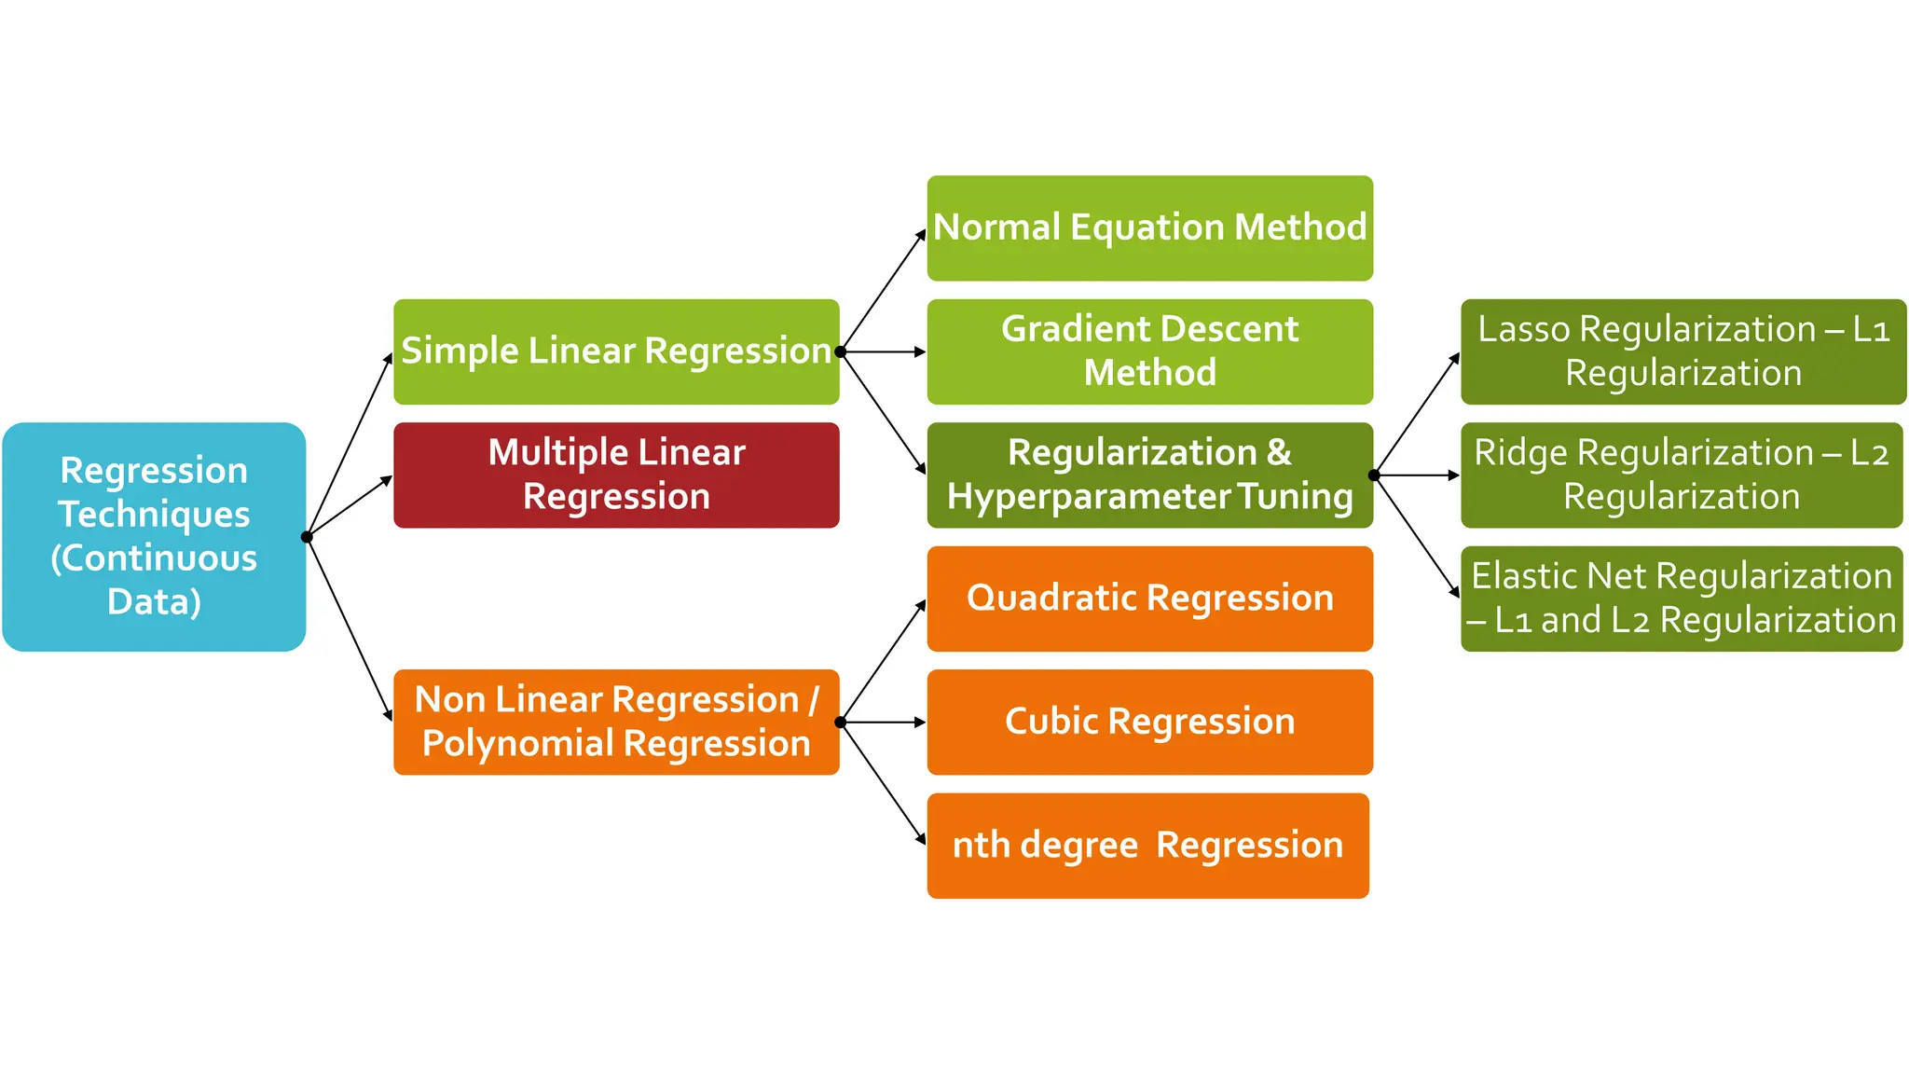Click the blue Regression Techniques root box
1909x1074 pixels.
(x=154, y=536)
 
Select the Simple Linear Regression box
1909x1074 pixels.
(x=616, y=351)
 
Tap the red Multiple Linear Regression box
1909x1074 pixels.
(x=616, y=475)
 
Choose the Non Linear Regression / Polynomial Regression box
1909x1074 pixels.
(x=616, y=722)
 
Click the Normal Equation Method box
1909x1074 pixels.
(x=1149, y=227)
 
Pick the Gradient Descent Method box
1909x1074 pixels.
(x=1149, y=351)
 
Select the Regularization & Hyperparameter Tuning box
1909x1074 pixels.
(x=1149, y=475)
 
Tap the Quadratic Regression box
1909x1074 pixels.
(x=1149, y=599)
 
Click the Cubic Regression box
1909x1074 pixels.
(x=1149, y=722)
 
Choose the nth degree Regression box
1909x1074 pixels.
(x=1147, y=846)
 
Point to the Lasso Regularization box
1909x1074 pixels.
(x=1682, y=351)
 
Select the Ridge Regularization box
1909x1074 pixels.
(x=1681, y=475)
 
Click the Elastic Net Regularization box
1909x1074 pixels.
(x=1681, y=599)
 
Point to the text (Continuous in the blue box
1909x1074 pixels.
(x=154, y=558)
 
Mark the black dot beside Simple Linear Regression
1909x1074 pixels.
(x=840, y=351)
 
